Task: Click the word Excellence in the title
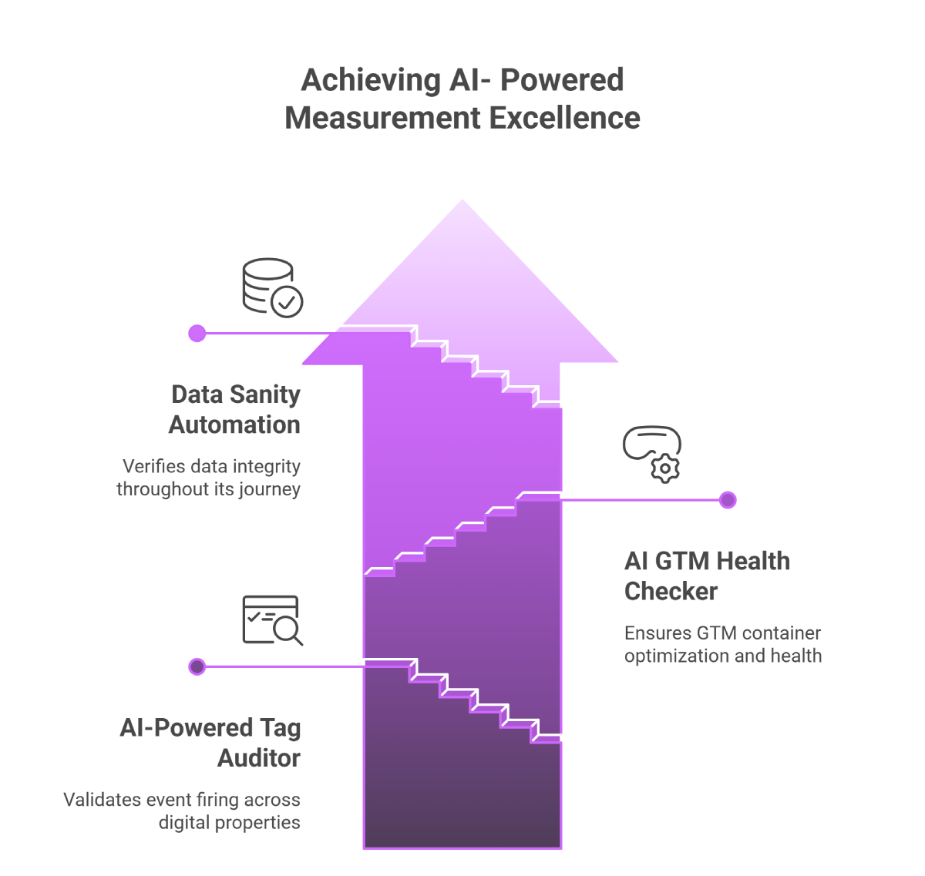tap(564, 118)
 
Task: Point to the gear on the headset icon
tap(665, 468)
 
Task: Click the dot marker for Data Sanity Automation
tap(197, 334)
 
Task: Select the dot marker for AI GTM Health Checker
tap(728, 500)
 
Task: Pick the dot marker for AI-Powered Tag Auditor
tap(197, 666)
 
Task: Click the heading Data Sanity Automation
tap(235, 409)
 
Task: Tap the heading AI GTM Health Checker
tap(706, 576)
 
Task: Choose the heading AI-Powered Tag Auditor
tap(210, 742)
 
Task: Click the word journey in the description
tap(269, 490)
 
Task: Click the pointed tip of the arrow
tap(462, 202)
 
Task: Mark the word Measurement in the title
tap(382, 118)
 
